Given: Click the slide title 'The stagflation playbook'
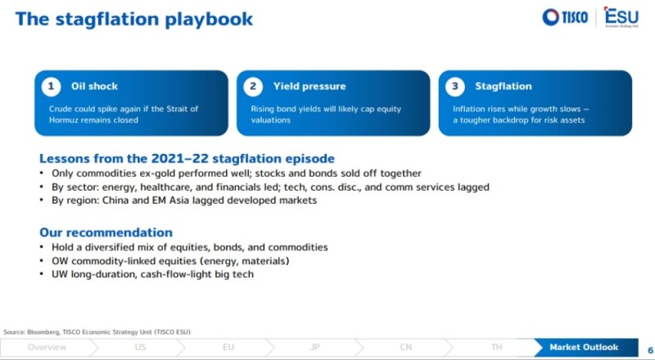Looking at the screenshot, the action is [133, 20].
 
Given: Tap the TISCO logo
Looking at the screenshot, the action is [565, 17].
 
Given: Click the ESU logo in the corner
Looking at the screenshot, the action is [621, 17].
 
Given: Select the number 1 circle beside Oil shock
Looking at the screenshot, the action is [51, 87].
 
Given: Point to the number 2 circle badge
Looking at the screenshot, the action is [253, 87].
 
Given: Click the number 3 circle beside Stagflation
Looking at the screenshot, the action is [455, 87].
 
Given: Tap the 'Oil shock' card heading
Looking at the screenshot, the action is [94, 87].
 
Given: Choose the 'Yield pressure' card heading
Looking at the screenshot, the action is [309, 87].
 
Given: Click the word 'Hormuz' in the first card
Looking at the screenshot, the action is [62, 120].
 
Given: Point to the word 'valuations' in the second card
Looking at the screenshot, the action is [271, 120].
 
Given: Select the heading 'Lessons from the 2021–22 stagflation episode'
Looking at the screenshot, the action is [187, 159].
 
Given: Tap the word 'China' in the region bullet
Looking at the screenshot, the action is [115, 200].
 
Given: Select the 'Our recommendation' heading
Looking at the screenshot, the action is [106, 232].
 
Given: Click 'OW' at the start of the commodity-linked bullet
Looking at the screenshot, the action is [60, 262].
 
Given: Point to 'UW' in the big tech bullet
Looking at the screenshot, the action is [60, 275].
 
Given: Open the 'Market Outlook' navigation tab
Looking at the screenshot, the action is [584, 348].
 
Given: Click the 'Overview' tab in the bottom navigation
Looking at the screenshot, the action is [47, 348].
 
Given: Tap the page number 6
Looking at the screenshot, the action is [650, 350].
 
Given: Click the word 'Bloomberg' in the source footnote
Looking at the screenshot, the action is [43, 332].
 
